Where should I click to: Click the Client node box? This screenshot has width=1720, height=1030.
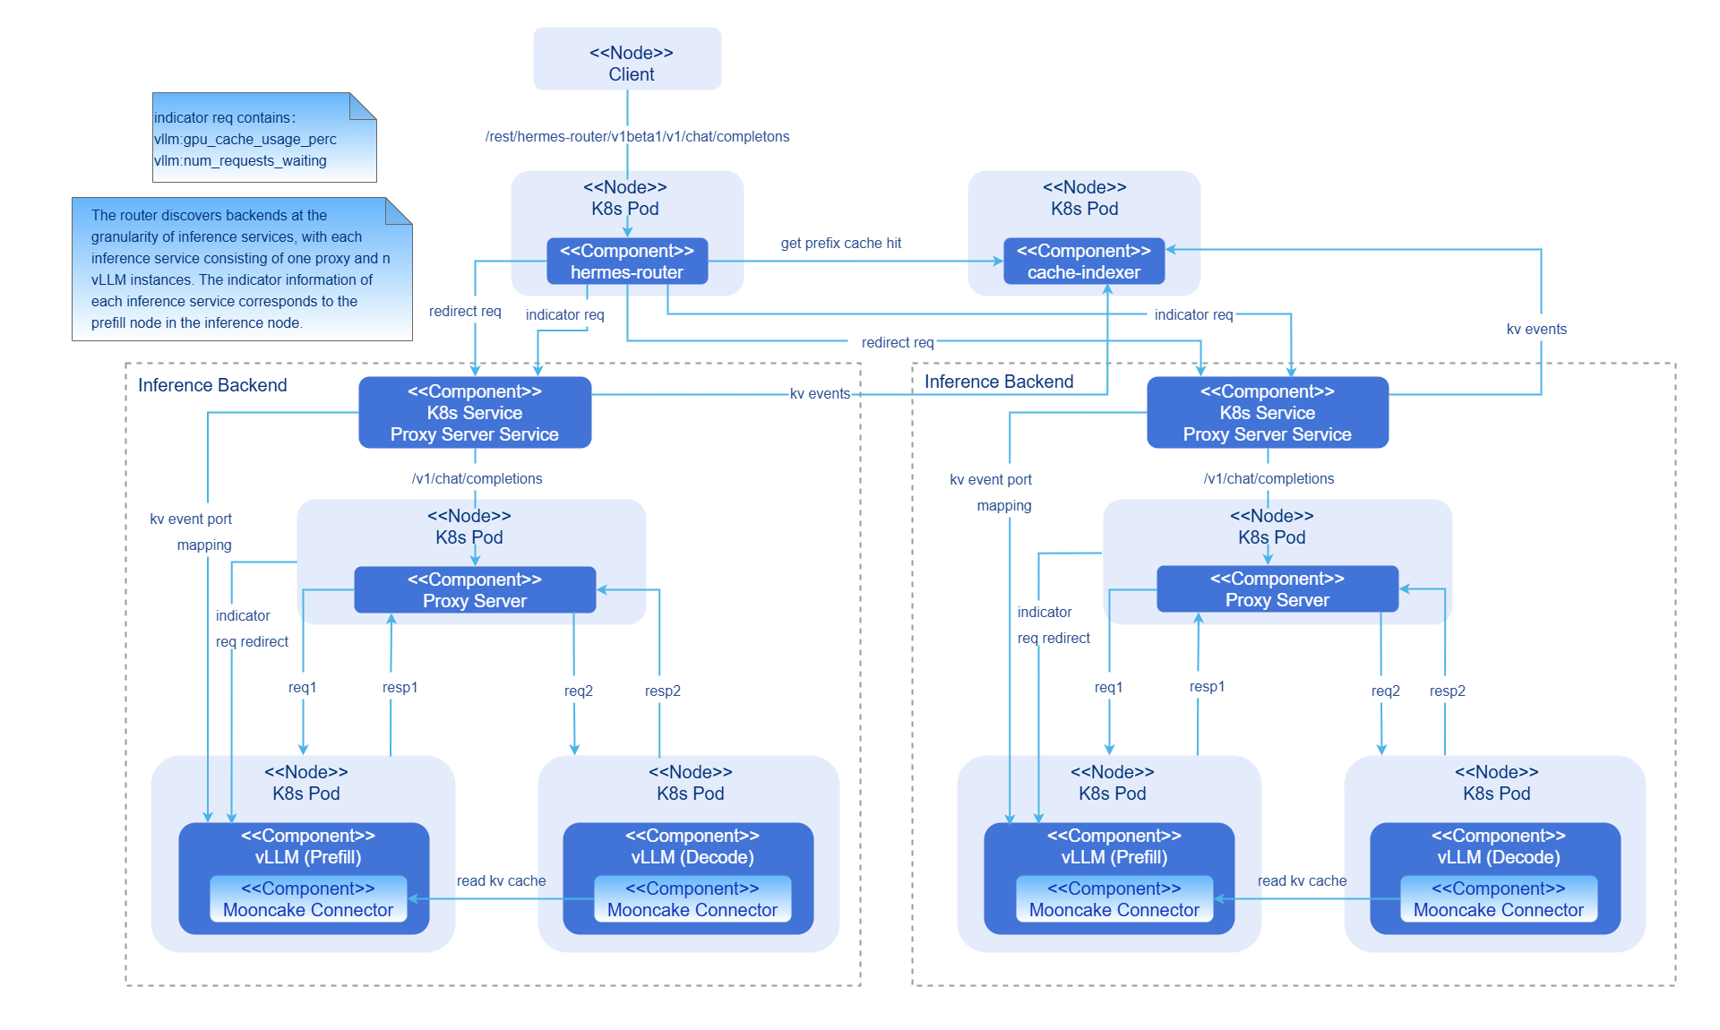627,59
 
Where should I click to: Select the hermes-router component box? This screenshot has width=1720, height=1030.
627,262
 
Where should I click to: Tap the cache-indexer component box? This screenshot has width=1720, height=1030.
1084,262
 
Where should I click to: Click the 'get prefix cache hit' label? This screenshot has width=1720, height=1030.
840,244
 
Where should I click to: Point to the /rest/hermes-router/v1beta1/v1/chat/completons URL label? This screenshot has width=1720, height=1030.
637,137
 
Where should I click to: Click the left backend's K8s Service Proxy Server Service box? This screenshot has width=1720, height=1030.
475,413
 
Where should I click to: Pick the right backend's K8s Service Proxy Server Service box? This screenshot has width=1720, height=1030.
1268,413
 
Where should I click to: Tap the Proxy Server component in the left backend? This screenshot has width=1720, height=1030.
475,590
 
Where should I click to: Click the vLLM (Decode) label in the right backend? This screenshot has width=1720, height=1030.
1499,857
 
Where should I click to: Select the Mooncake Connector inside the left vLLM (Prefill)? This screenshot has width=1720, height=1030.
308,899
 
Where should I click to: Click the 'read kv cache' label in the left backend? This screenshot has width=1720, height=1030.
501,881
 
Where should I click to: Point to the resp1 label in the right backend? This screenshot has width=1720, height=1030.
1207,687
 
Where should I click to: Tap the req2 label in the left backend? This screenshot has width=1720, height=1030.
578,691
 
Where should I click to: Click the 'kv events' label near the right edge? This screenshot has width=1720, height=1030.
1536,330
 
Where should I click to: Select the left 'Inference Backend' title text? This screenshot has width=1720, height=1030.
212,385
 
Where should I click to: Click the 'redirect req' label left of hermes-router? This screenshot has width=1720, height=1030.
465,312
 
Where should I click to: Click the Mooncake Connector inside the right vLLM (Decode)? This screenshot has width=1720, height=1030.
1499,899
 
